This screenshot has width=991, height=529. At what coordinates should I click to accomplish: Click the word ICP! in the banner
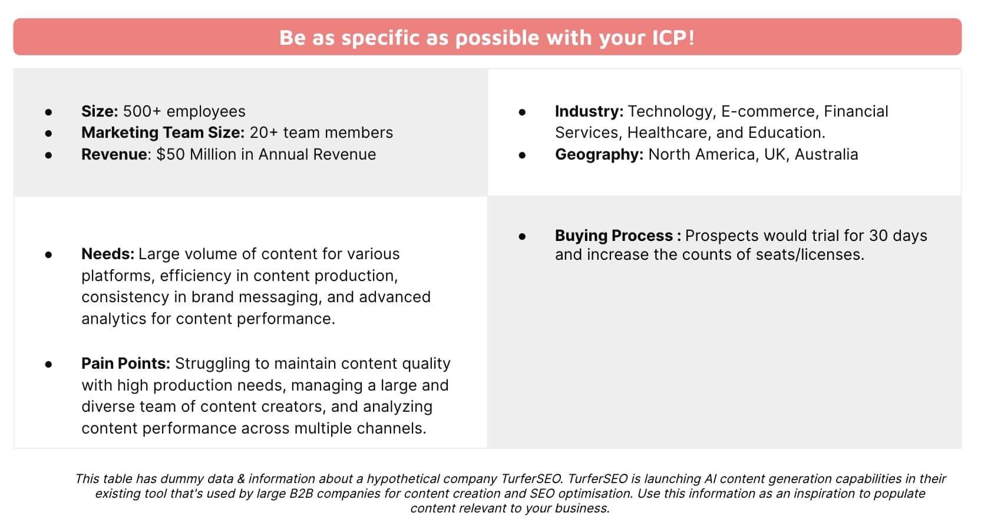coord(673,38)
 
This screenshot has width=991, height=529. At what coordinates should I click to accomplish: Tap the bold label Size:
coord(100,111)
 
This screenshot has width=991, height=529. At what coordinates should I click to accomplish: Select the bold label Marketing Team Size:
coord(163,133)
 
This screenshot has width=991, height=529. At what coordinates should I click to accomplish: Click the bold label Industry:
coord(589,111)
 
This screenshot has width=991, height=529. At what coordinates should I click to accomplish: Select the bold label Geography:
coord(599,155)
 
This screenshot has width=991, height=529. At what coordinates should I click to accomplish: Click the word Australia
coord(826,154)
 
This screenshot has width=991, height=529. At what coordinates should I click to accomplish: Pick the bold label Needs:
coord(107,254)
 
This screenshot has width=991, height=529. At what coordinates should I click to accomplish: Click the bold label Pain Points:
coord(125,363)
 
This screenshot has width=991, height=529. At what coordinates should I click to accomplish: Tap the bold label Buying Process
coord(614,236)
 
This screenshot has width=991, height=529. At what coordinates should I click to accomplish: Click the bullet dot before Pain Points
coord(48,365)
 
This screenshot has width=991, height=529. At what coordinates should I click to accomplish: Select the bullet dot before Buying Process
coord(522,237)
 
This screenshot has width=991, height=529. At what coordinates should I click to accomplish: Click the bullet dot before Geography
coord(522,156)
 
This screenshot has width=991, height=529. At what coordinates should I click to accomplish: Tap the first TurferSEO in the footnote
coord(531,479)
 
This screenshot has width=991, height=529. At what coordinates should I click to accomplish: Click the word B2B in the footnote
coord(301,494)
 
